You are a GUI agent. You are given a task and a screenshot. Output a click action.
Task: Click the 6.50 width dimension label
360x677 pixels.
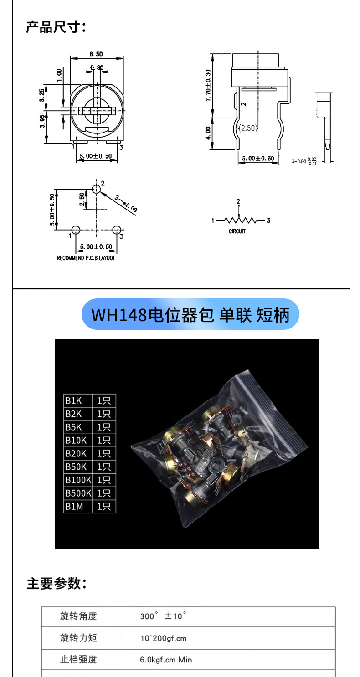click(96, 54)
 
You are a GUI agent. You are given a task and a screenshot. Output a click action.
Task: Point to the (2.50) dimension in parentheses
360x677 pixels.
click(248, 128)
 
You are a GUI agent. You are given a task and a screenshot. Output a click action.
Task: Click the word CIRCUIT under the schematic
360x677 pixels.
click(237, 231)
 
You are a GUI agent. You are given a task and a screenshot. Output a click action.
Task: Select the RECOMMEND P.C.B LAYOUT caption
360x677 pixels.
click(86, 258)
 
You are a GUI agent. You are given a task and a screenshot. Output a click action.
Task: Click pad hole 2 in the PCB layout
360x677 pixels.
click(96, 189)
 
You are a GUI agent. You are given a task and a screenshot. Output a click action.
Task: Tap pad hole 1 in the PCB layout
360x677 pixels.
click(76, 230)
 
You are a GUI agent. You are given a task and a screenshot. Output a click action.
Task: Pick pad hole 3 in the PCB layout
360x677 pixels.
click(116, 230)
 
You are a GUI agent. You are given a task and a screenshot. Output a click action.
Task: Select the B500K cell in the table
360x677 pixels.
click(77, 493)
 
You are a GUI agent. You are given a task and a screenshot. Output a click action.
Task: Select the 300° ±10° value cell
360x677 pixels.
click(163, 616)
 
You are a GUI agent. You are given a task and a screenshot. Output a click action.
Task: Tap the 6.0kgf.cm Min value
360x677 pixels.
click(166, 659)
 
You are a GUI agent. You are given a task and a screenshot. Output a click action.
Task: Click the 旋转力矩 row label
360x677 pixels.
click(78, 638)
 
